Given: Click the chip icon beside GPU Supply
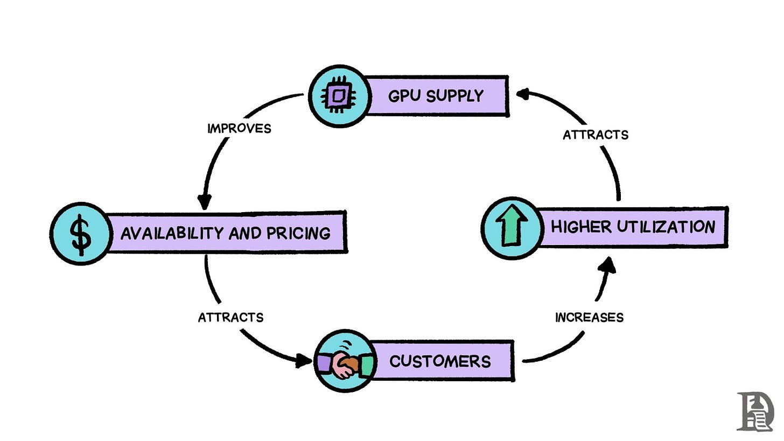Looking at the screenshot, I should (339, 96).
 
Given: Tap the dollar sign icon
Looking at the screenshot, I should (81, 234).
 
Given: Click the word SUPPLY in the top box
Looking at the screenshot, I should (455, 96).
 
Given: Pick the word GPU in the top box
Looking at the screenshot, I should (405, 96).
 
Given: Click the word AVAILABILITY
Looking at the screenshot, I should (173, 233).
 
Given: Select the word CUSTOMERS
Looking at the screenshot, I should (440, 361).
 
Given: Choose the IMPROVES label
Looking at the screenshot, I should (239, 128).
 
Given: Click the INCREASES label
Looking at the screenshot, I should (589, 318).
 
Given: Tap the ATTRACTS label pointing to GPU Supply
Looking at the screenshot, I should (596, 135).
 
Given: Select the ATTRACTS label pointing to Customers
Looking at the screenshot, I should (230, 317).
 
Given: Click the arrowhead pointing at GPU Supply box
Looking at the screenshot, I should (521, 95).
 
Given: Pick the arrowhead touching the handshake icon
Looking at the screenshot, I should (304, 361).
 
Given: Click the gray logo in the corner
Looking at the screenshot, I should (755, 412).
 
